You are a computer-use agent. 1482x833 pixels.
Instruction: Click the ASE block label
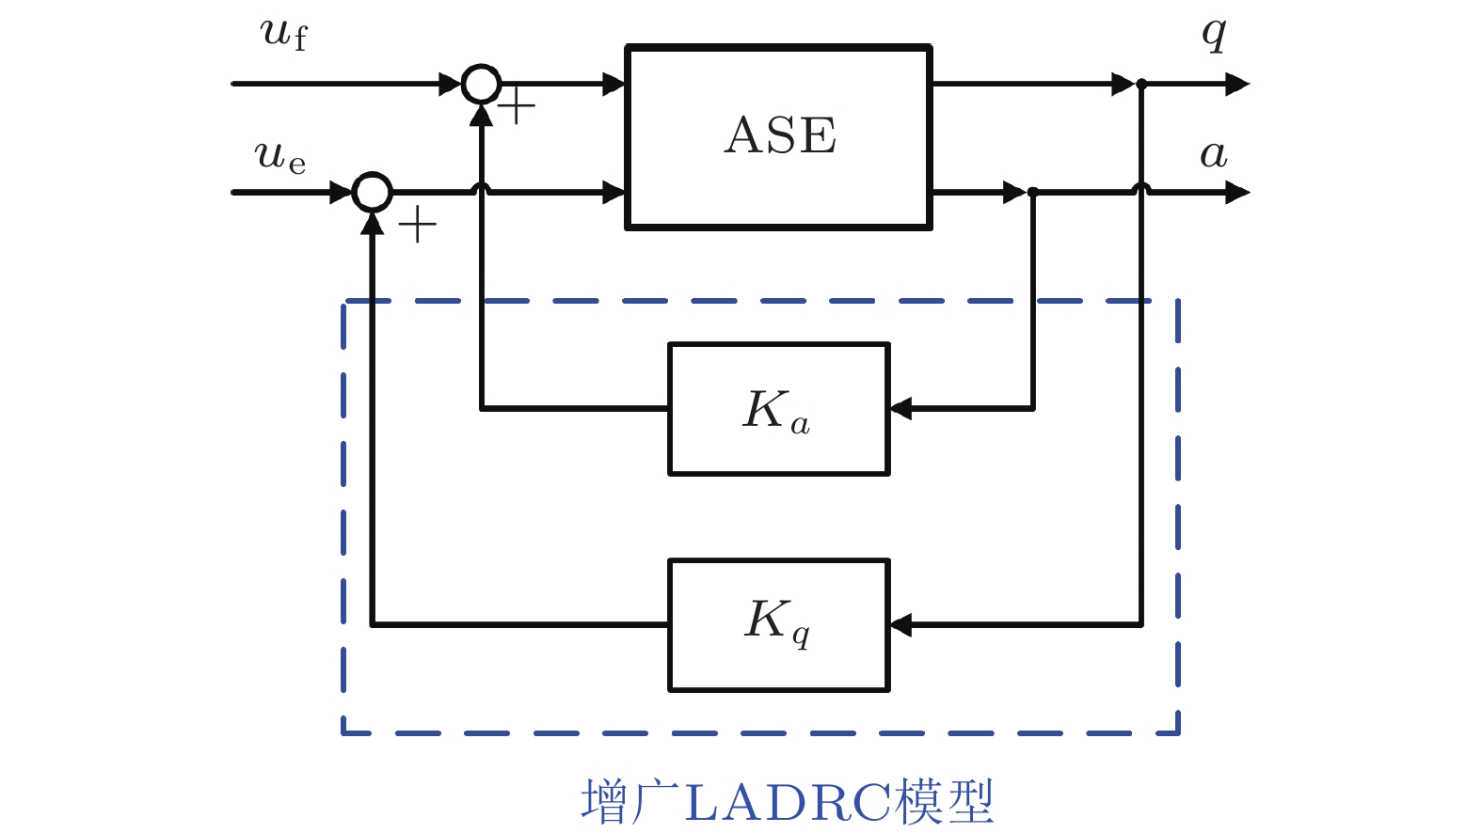780,135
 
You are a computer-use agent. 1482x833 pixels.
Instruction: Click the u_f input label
284,33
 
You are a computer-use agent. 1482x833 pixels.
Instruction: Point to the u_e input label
279,156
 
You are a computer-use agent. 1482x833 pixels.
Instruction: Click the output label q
1214,34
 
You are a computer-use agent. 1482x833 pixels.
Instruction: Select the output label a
1214,155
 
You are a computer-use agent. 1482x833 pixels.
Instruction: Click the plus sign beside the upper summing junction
516,106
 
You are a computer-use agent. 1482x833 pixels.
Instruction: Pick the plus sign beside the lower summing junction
418,225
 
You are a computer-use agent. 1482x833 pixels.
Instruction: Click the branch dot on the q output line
1141,84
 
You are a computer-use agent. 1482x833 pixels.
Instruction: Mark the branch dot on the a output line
1033,193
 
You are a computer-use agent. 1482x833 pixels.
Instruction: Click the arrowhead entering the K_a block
900,409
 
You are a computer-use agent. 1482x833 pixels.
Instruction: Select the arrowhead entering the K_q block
900,624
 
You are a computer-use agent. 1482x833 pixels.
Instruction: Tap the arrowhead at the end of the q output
1237,84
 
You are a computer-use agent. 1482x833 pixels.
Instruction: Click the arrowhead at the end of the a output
1237,193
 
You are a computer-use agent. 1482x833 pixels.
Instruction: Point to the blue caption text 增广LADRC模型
788,802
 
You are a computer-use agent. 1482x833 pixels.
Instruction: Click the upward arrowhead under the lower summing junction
373,224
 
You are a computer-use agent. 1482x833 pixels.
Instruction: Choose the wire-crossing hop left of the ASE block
481,188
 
